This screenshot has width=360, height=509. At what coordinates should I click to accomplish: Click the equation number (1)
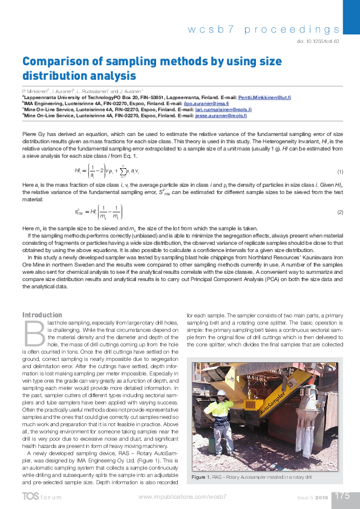pos(340,172)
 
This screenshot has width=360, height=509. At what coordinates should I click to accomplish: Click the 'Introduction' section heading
pos(42,315)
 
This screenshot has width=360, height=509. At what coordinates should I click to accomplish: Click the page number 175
pos(342,496)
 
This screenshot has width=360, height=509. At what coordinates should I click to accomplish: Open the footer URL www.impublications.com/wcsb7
pos(182,496)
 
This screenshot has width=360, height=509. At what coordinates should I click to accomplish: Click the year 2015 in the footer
pos(321,497)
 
